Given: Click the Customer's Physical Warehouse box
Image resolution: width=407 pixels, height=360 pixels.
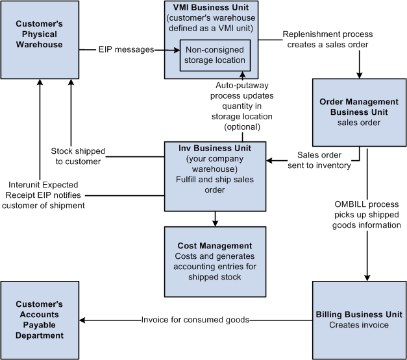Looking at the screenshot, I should click(x=40, y=38).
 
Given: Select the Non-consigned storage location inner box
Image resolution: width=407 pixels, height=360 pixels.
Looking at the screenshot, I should click(x=215, y=55).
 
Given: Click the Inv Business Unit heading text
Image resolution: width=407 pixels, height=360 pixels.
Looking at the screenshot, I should click(x=215, y=148).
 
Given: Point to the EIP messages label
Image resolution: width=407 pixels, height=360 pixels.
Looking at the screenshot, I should click(x=126, y=49).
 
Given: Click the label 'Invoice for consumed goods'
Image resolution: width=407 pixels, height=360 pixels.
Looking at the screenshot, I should click(x=195, y=319).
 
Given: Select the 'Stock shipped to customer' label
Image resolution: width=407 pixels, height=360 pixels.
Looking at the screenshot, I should click(x=77, y=156).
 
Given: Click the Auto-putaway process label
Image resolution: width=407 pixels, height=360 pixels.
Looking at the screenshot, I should click(x=245, y=106).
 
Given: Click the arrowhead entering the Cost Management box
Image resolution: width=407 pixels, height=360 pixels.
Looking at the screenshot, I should click(x=215, y=222).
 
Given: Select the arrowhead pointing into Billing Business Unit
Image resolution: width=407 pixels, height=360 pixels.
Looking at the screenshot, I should click(x=367, y=277).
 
